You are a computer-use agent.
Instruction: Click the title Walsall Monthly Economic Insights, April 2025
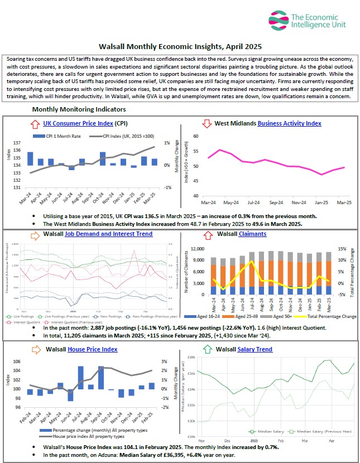(180, 48)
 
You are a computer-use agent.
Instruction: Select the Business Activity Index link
(289, 123)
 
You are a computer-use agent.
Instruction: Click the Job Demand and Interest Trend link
(109, 234)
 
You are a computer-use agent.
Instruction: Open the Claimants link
(252, 234)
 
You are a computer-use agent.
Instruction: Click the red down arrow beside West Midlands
(207, 123)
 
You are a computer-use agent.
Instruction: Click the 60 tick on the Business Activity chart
(195, 136)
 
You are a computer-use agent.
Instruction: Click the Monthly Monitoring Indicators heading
(79, 109)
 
